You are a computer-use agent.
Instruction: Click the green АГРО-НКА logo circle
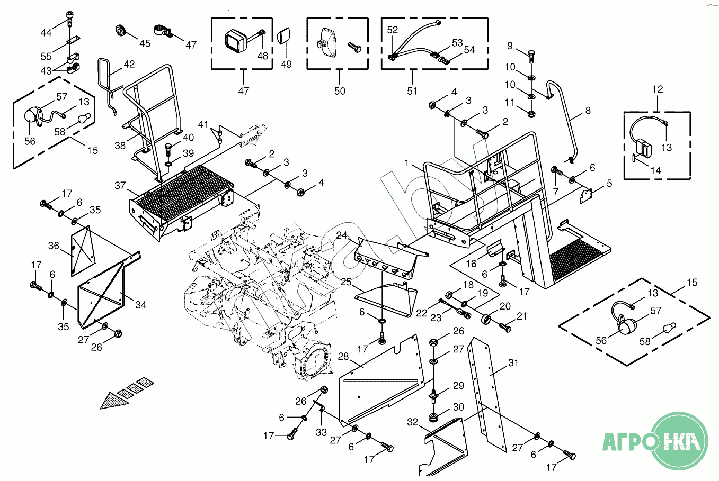[679, 440]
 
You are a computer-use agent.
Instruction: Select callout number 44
[46, 33]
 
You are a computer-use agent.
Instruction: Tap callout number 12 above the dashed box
[657, 89]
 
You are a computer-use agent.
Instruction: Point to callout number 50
[340, 91]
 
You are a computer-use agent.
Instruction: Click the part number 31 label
[513, 362]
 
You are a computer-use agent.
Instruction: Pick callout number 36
[54, 246]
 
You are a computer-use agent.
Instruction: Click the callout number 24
[342, 235]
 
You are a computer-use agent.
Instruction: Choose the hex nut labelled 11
[531, 113]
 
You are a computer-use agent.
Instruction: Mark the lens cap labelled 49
[284, 38]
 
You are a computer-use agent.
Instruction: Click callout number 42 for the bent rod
[129, 65]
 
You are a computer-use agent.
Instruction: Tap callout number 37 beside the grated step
[120, 185]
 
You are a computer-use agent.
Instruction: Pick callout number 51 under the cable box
[412, 91]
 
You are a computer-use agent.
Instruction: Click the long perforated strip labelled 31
[486, 392]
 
